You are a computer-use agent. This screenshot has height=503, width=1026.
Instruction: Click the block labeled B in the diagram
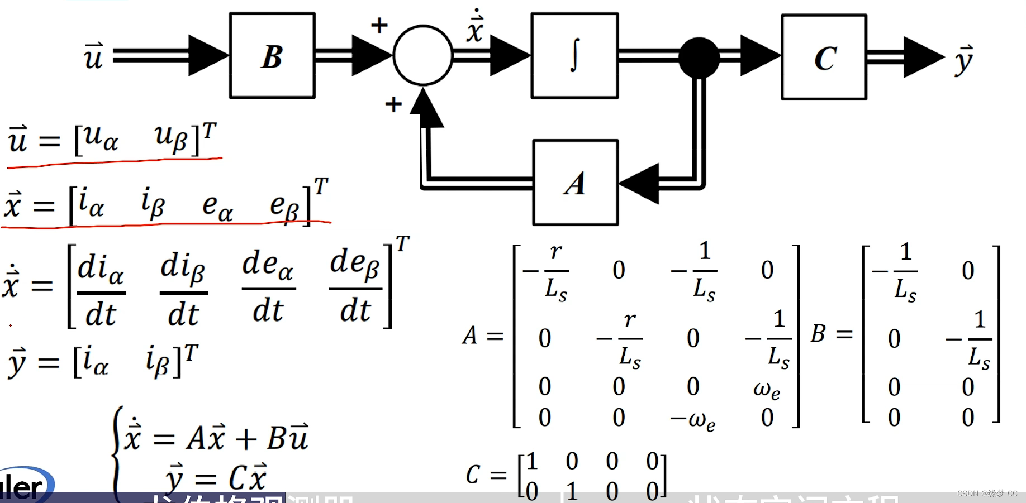pos(272,56)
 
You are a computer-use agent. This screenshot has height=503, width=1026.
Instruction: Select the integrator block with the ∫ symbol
pos(574,56)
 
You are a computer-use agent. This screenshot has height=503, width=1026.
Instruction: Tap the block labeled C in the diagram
pos(824,57)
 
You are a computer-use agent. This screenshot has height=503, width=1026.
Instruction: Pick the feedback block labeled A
pos(576,183)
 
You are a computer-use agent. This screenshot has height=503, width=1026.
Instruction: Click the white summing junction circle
pos(422,55)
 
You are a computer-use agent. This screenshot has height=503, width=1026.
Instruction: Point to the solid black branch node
pos(699,57)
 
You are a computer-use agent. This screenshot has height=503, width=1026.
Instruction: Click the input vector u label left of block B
pos(93,56)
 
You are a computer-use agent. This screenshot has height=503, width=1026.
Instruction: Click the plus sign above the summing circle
pos(379,25)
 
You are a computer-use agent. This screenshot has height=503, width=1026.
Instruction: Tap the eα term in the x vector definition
pos(217,207)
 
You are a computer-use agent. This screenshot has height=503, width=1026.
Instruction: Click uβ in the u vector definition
pos(171,137)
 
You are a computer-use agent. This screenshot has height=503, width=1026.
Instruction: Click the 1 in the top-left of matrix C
pos(531,462)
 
